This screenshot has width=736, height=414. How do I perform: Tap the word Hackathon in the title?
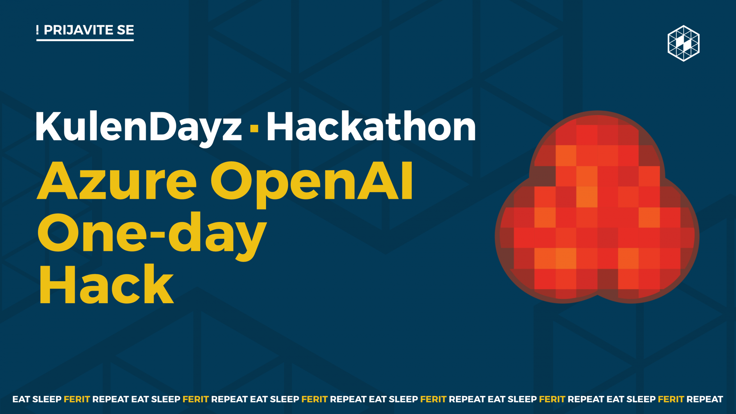[371, 126]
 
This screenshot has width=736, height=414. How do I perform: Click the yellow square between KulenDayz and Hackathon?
[254, 128]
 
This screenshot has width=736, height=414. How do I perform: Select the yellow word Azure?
[117, 181]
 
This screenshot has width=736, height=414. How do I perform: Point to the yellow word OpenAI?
[312, 184]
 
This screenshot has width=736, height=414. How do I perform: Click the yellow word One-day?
[152, 236]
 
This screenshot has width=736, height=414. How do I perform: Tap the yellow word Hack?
[106, 284]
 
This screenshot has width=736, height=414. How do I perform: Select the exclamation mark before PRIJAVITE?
[38, 30]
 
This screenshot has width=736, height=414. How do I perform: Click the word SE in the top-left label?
[125, 30]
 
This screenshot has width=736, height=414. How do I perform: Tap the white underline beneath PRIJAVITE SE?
[85, 40]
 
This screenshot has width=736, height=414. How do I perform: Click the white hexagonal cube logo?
[683, 43]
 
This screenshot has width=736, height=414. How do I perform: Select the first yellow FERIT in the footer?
[77, 399]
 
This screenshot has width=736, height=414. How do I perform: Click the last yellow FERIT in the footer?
[671, 399]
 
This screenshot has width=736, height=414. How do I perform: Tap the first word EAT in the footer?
[21, 399]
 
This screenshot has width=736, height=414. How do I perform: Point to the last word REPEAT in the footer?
[705, 399]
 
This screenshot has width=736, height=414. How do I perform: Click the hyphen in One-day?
[158, 240]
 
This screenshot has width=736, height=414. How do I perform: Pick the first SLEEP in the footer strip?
[47, 399]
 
